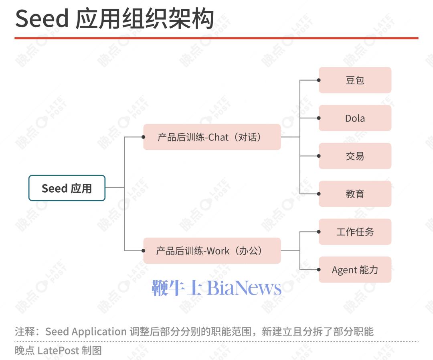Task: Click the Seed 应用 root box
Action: coord(67,188)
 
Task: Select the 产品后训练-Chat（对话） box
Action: coord(212,137)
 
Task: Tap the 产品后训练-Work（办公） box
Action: coord(212,250)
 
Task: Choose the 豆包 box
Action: coord(355,80)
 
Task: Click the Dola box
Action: coord(355,118)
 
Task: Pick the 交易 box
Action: coord(355,156)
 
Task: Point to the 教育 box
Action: coord(355,194)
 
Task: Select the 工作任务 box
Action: coord(355,232)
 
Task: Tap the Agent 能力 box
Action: coord(355,270)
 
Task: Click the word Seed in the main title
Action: coord(42,18)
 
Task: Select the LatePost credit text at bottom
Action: coord(58,350)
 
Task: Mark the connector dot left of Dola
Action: coord(319,118)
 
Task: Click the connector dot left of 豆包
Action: coord(319,80)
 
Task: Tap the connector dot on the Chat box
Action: coord(143,137)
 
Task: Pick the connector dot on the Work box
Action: coord(143,251)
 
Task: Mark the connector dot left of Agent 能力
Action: coord(319,270)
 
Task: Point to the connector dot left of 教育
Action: coord(319,194)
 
